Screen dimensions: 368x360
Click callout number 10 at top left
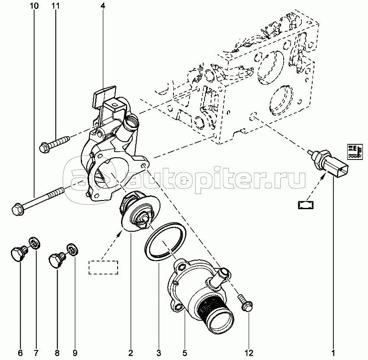pos(34,6)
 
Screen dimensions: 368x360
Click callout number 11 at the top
pos(56,6)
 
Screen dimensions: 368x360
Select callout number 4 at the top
pos(103,6)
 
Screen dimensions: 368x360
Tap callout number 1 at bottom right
pos(333,353)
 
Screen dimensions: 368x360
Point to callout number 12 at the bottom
pos(249,353)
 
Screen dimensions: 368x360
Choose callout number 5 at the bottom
pos(185,353)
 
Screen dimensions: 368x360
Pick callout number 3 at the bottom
pos(159,353)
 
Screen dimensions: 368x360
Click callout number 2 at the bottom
pos(131,353)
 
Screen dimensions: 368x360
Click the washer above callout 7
pos(34,244)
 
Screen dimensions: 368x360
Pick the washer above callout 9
pos(73,249)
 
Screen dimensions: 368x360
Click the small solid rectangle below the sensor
pos(306,205)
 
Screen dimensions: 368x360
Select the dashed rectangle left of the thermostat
pos(103,267)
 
